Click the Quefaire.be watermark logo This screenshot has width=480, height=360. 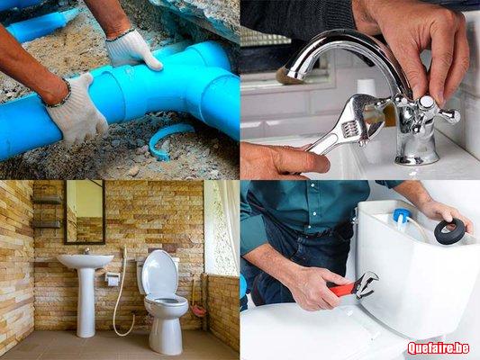(x=439, y=348)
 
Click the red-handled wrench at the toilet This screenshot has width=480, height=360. (x=355, y=286)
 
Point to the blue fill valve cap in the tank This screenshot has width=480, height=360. (x=400, y=216)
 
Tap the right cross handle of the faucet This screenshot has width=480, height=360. (x=449, y=115)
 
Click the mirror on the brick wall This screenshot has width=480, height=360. (x=85, y=212)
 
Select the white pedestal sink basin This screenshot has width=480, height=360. (x=86, y=261)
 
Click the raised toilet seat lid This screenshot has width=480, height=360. (x=159, y=274)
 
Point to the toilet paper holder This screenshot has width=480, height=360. (x=113, y=278)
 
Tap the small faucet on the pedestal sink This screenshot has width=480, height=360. (x=87, y=251)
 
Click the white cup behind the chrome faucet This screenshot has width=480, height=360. (x=367, y=86)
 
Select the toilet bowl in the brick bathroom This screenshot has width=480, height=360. (x=166, y=318)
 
